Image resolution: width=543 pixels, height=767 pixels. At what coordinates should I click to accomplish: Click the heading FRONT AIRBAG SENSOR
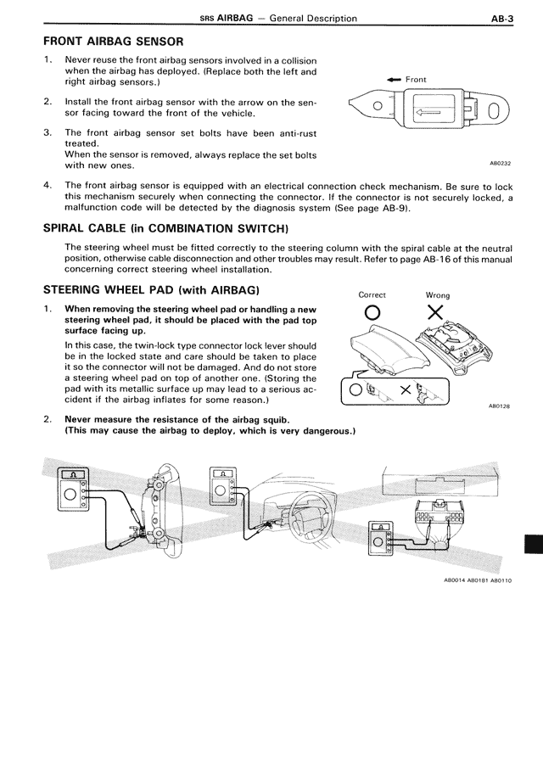(112, 41)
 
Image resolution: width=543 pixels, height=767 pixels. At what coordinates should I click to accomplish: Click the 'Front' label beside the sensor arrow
(416, 80)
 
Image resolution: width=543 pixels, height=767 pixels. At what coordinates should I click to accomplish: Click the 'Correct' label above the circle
(372, 295)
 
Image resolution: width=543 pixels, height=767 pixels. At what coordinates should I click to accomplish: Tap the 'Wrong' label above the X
(438, 295)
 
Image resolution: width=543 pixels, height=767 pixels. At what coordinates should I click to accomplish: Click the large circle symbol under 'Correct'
(372, 316)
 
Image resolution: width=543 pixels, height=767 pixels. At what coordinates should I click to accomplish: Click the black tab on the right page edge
(535, 544)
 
